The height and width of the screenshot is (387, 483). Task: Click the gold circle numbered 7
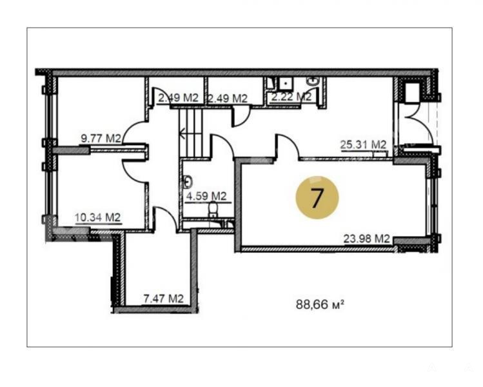(x=317, y=197)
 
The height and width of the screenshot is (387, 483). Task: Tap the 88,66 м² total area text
(x=320, y=304)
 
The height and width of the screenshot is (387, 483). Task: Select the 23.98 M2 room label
(x=366, y=239)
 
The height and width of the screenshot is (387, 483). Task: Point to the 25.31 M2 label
(x=363, y=144)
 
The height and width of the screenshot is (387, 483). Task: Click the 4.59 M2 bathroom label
(x=206, y=196)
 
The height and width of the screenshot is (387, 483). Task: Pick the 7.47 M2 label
(x=164, y=298)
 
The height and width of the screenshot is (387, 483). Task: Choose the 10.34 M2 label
(x=97, y=217)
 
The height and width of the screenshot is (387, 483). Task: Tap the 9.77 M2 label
(x=101, y=138)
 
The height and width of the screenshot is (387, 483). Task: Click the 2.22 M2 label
(x=291, y=97)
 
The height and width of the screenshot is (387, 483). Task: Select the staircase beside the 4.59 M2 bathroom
(x=191, y=132)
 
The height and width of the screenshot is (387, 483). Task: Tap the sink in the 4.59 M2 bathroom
(x=188, y=182)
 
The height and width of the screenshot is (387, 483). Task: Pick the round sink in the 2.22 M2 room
(x=313, y=82)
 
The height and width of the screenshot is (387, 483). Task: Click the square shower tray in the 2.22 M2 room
(x=286, y=83)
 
